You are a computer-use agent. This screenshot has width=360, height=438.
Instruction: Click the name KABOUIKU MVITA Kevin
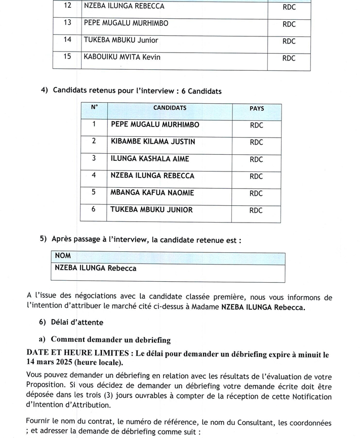(x=122, y=57)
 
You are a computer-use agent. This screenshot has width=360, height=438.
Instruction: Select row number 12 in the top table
(x=67, y=7)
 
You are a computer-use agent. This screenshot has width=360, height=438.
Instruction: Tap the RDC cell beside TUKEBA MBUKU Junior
(x=289, y=41)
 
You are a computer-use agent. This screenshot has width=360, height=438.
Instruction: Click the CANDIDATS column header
(x=170, y=108)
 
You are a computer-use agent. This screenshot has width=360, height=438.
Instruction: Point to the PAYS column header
(x=257, y=109)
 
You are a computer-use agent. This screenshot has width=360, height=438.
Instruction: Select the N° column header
(x=94, y=108)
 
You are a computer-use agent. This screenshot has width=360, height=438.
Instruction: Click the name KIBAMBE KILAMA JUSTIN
(x=152, y=142)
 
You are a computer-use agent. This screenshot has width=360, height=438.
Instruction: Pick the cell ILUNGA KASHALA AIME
(x=150, y=159)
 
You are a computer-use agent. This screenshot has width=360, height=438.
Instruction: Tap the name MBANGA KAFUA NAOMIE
(x=152, y=193)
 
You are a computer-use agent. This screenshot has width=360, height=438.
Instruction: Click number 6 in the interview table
(x=94, y=210)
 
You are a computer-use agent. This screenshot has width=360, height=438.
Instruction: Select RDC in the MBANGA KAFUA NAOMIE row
(x=257, y=194)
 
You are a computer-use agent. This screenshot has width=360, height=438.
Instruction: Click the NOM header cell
(x=63, y=256)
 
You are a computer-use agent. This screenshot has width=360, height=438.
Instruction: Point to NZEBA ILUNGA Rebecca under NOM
(x=96, y=269)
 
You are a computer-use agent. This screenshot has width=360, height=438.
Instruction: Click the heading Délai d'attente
(x=77, y=323)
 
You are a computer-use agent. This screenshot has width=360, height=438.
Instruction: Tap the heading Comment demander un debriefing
(x=110, y=339)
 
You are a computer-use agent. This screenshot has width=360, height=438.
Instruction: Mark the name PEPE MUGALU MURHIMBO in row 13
(x=127, y=23)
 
